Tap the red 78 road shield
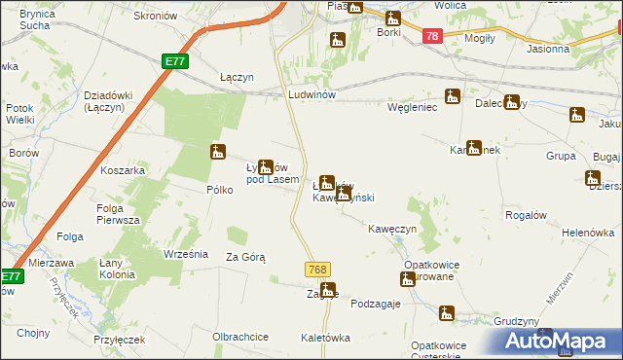pos(433,36)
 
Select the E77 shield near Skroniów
pos(174,61)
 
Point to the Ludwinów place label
pos(311,94)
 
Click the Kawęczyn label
pos(392,229)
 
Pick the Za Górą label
pos(245,257)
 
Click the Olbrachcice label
pos(240,337)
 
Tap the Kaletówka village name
pos(325,338)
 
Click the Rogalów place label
pos(527,214)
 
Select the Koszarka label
pos(123,170)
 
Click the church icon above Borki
pos(393,18)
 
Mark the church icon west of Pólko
pos(219,152)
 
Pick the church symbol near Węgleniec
pos(453,96)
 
